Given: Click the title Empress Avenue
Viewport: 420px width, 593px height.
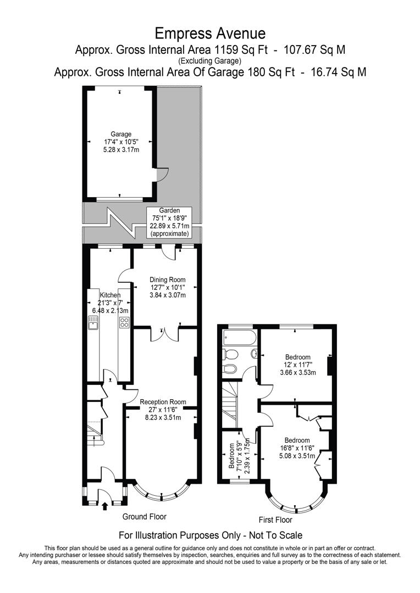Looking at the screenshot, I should (210, 33).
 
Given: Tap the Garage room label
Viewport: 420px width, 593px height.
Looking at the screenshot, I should (121, 141).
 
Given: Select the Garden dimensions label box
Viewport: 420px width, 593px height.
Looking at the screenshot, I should (170, 222).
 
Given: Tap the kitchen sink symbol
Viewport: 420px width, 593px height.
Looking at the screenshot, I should (92, 323).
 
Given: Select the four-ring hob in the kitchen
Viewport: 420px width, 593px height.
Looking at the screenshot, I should (124, 323).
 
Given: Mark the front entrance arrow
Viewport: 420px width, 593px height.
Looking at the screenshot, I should (105, 506).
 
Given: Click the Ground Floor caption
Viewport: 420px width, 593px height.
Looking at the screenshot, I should (144, 517).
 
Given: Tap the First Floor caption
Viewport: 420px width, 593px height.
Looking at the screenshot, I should (275, 519).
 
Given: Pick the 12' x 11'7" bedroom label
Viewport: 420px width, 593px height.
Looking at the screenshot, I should (297, 365).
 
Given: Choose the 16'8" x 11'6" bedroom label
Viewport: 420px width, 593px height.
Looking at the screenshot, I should (297, 448).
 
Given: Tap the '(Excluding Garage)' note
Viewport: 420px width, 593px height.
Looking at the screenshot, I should (210, 60).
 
